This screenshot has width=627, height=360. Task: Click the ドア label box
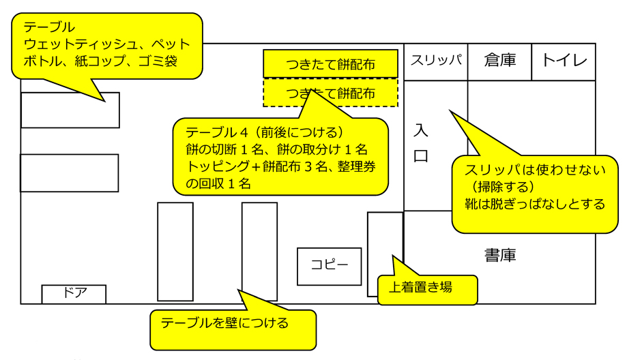[x=74, y=294]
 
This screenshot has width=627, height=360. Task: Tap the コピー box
[x=329, y=265]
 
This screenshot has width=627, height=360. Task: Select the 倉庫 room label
[x=499, y=61]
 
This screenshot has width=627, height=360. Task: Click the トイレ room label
[x=564, y=61]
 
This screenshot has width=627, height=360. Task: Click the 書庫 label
[x=500, y=255]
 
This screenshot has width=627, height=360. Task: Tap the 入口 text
[x=421, y=143]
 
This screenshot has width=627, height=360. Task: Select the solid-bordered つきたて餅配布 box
[x=330, y=65]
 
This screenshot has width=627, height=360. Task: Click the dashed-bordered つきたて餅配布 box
[x=330, y=93]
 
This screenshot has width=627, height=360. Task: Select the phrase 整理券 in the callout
[x=350, y=166]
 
